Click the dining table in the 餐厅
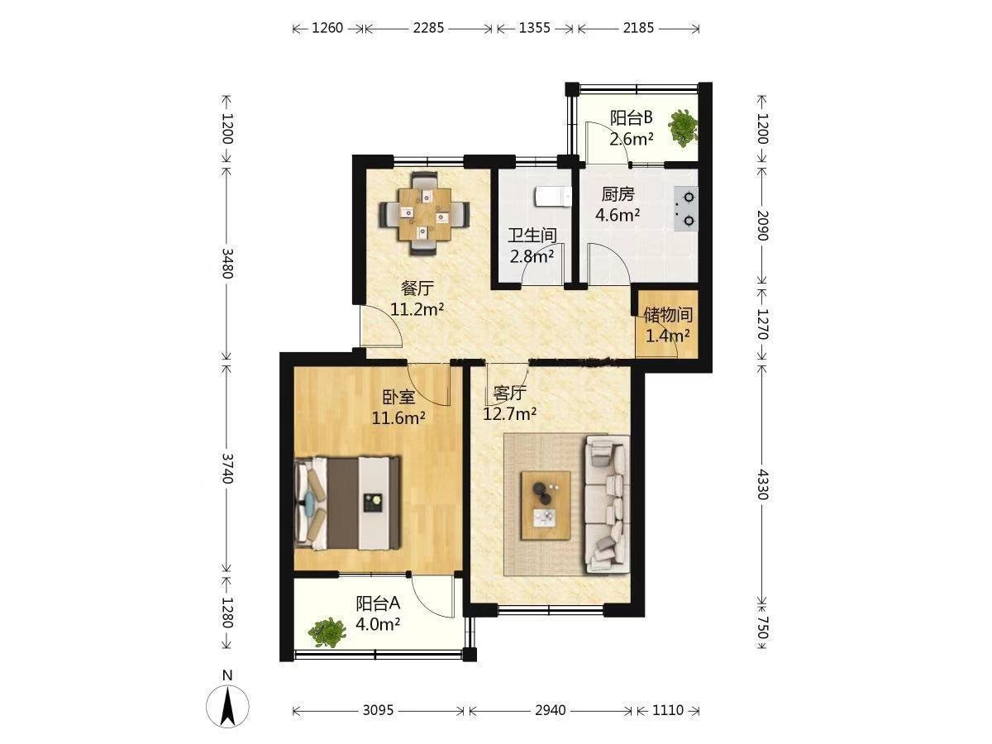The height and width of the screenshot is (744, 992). coord(424,213)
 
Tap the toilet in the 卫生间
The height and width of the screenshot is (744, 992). coord(553,198)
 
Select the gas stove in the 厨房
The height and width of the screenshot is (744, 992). coord(685,209)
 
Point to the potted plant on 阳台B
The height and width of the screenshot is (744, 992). coord(683,128)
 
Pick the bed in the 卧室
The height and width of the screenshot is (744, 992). coord(347,503)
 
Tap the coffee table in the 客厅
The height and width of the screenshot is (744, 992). coord(546,505)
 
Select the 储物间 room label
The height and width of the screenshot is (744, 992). coord(668,315)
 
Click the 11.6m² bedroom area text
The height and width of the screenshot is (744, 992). coord(398,417)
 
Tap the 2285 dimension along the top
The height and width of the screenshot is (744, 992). coord(428,28)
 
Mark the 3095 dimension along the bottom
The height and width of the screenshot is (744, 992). coord(378,711)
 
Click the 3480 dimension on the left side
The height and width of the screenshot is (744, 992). coord(227,264)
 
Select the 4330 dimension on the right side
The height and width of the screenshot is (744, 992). coord(762,484)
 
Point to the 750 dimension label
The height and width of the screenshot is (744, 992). coord(762,628)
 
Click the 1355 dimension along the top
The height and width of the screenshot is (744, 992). coord(534,28)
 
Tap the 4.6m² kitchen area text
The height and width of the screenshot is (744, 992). coord(617,215)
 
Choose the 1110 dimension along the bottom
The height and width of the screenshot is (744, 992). coord(667,711)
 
